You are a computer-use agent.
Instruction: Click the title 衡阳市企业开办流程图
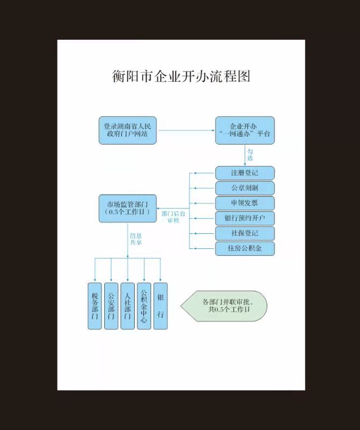coord(181,76)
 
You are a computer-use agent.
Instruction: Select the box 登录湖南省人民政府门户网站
coord(127,131)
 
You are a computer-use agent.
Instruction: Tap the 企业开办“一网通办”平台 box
coord(245,131)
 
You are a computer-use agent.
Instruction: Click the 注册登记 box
coord(245,173)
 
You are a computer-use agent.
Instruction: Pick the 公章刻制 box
coord(245,188)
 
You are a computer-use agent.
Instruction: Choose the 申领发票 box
coord(245,203)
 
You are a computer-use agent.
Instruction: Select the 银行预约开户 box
coord(245,218)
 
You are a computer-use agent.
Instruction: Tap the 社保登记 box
coord(245,233)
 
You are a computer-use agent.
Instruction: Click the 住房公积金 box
coord(245,248)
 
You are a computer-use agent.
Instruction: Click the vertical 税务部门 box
coord(95,305)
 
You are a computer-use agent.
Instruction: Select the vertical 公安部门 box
coord(111,305)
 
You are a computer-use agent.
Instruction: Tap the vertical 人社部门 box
coord(127,305)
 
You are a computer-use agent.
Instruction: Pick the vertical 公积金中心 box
coord(143,305)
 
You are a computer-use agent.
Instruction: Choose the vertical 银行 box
coord(160,305)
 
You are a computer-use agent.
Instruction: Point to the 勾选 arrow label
coord(250,155)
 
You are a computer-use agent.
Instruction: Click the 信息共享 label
coord(135,239)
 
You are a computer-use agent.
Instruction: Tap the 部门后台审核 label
coord(174,217)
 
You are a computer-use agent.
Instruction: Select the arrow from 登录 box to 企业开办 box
coord(186,131)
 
